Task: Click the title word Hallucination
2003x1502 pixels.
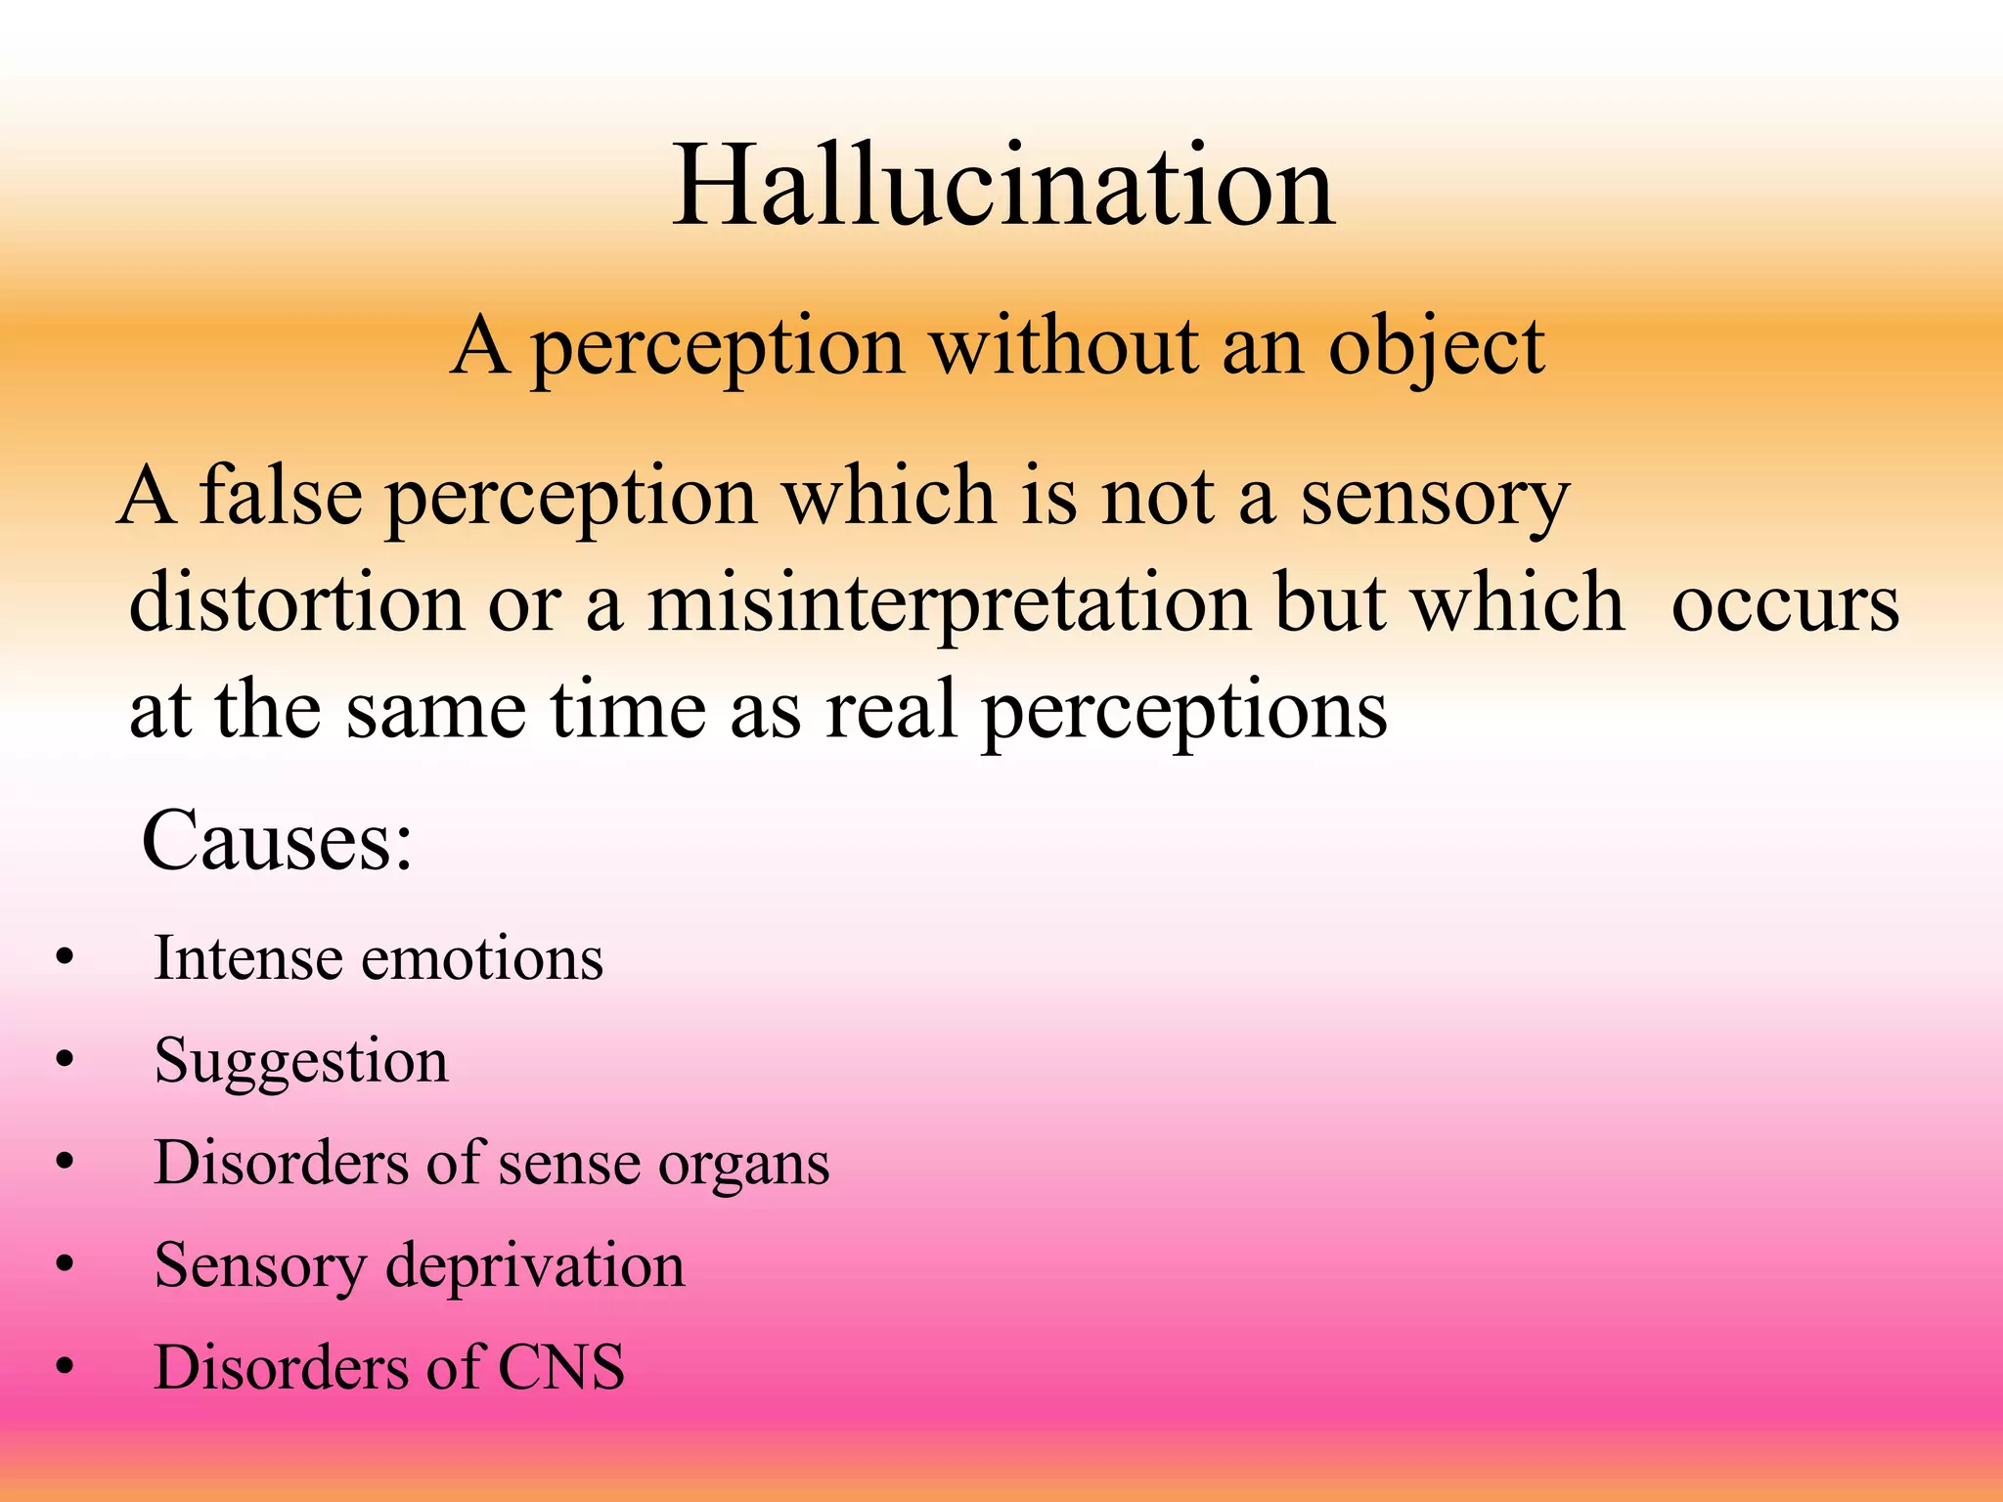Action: (1002, 186)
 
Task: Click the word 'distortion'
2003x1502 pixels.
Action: (296, 602)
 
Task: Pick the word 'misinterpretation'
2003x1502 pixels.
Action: (948, 604)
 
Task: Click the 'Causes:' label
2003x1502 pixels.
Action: (277, 841)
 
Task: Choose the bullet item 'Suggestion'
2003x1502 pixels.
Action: (301, 1062)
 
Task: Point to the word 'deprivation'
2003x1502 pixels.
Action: (535, 1266)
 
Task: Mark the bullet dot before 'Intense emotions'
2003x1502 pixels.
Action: (65, 958)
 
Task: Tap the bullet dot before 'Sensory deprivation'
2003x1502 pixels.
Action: (65, 1265)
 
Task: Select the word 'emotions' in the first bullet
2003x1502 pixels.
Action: (482, 957)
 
